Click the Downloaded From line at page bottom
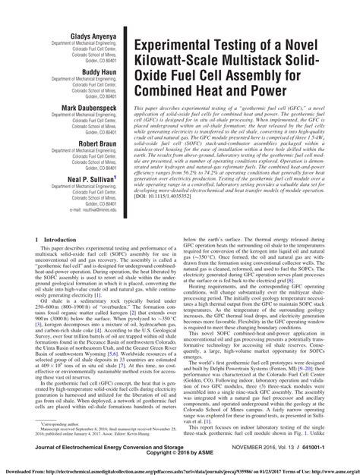[x=180, y=470]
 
